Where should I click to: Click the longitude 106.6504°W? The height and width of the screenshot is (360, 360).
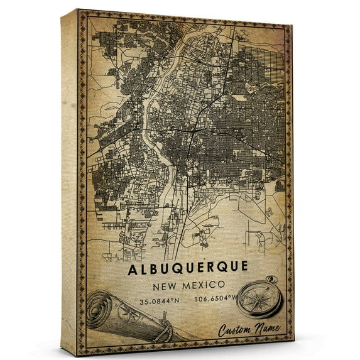coord(217,299)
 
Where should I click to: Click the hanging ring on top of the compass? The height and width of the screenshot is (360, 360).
coord(271,279)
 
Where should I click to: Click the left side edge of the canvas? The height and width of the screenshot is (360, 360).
coord(68,182)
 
